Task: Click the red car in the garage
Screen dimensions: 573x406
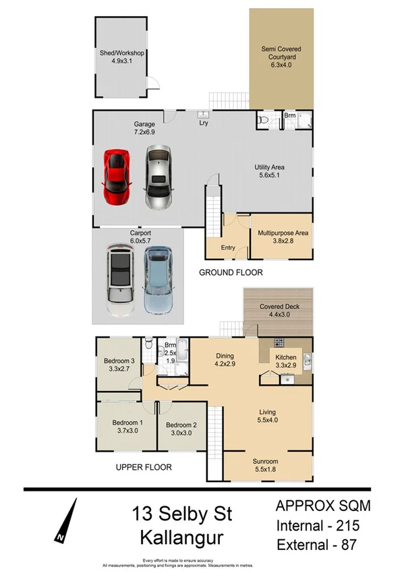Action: tap(116, 177)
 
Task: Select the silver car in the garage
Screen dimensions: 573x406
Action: tap(158, 177)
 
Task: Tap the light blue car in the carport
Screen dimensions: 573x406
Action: tap(159, 280)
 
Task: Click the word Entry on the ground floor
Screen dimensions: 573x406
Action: tap(228, 247)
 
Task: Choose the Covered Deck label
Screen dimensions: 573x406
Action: tap(279, 311)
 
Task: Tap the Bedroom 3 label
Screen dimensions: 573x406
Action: tap(119, 365)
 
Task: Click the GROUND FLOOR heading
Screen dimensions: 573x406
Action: tap(231, 272)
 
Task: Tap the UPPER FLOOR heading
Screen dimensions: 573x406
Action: tap(143, 466)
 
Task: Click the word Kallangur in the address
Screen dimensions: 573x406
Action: tap(182, 538)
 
